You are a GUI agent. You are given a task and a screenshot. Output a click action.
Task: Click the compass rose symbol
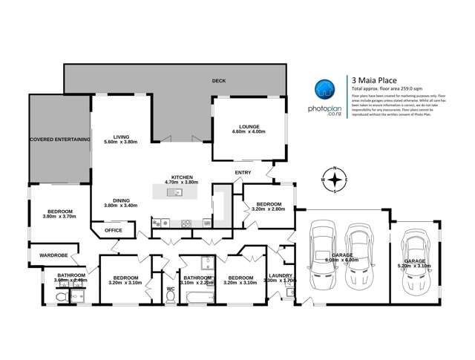[x=335, y=180]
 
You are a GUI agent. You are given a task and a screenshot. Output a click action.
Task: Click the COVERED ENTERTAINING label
[x=59, y=139]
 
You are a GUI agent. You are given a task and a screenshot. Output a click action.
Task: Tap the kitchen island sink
[x=174, y=193]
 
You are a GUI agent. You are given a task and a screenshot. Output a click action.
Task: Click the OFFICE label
[x=113, y=230]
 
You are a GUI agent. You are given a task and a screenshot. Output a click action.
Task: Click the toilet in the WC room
[x=171, y=295]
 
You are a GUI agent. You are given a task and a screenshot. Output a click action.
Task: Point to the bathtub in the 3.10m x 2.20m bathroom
[x=197, y=298]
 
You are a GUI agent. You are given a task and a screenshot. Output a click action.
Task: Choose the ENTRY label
[x=243, y=173]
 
